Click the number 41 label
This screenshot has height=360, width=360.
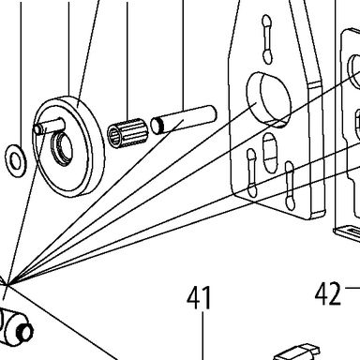pyautogui.click(x=199, y=298)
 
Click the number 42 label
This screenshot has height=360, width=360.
pyautogui.click(x=328, y=293)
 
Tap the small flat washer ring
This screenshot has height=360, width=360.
pyautogui.click(x=16, y=161)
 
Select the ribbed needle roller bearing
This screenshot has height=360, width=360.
pyautogui.click(x=127, y=133)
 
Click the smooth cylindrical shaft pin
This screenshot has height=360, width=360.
pyautogui.click(x=184, y=119)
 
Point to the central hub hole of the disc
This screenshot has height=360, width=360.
pyautogui.click(x=62, y=148)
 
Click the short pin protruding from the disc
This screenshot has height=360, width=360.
pyautogui.click(x=49, y=126)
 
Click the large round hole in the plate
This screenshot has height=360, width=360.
pyautogui.click(x=269, y=98)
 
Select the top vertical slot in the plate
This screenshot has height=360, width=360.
pyautogui.click(x=266, y=39)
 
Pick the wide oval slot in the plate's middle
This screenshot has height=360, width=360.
pyautogui.click(x=270, y=153)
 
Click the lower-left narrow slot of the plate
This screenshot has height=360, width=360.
pyautogui.click(x=251, y=172)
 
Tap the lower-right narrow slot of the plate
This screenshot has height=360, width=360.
pyautogui.click(x=290, y=185)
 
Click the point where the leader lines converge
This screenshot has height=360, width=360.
pyautogui.click(x=8, y=284)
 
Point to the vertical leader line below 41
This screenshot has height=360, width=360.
pyautogui.click(x=202, y=336)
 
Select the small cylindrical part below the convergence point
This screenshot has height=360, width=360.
pyautogui.click(x=16, y=325)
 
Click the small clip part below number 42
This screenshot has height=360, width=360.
pyautogui.click(x=297, y=352)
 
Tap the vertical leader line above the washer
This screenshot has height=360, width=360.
pyautogui.click(x=21, y=72)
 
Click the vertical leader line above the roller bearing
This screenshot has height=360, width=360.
pyautogui.click(x=127, y=60)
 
